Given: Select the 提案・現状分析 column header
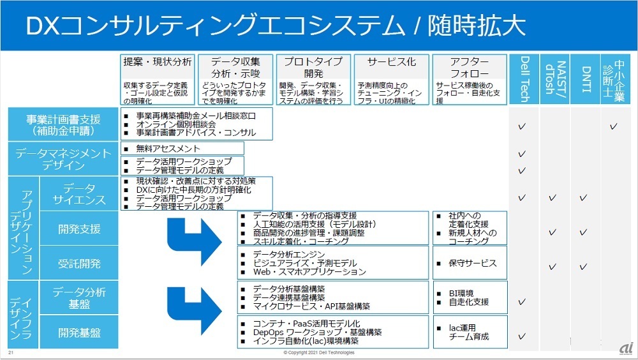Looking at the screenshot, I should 157,62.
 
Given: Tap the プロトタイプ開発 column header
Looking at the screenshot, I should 313,68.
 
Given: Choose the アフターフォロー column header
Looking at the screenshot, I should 470,68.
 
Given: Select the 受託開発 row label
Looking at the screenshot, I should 79,263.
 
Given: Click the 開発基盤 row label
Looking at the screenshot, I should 79,333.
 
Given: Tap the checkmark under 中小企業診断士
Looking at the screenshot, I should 614,126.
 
